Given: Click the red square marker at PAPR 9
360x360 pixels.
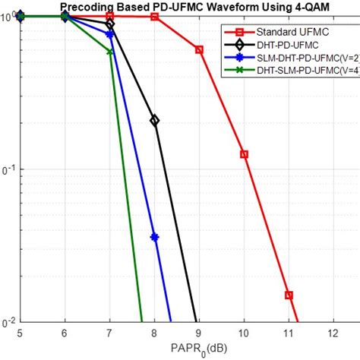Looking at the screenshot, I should coord(199,50).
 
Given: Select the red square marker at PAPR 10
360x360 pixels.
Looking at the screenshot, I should coord(244,154).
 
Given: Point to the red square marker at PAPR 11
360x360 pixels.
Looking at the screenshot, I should coord(289,295).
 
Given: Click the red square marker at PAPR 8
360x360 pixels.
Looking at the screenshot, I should coord(154,17).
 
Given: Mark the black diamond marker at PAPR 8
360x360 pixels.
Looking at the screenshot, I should coord(154,120).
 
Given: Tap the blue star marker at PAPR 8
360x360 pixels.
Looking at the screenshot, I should coord(154,237).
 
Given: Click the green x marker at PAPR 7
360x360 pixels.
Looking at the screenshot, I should coord(110,52).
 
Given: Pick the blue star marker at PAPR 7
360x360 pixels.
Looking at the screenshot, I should coord(110,34).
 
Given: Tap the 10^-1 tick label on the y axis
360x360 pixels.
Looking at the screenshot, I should coord(9,169).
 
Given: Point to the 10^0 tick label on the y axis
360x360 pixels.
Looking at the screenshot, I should coord(9,15).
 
